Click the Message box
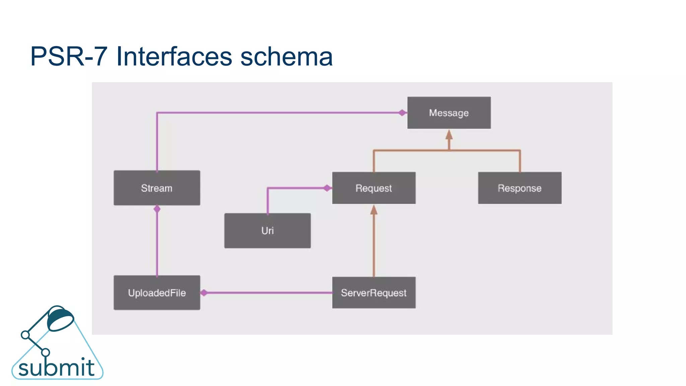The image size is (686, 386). point(449,113)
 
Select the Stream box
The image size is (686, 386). point(157,188)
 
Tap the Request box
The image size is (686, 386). point(373,188)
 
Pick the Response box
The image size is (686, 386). point(520,188)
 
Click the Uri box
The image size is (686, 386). point(267,231)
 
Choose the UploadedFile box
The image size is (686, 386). point(157,293)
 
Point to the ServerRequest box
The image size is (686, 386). point(373,293)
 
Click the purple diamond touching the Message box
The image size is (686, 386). point(402,113)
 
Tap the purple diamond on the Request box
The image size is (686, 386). point(327,188)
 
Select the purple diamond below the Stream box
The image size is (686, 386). point(157,209)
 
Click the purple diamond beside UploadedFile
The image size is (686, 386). point(204,293)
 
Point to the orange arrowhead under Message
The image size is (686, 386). point(449,135)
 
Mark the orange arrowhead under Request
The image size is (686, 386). point(374,210)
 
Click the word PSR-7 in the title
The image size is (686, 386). point(69,56)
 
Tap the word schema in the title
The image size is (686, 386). point(286,56)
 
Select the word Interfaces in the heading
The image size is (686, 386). point(174,56)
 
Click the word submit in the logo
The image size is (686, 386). point(56,368)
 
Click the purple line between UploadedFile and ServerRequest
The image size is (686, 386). point(268,293)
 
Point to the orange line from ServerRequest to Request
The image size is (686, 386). point(374,248)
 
